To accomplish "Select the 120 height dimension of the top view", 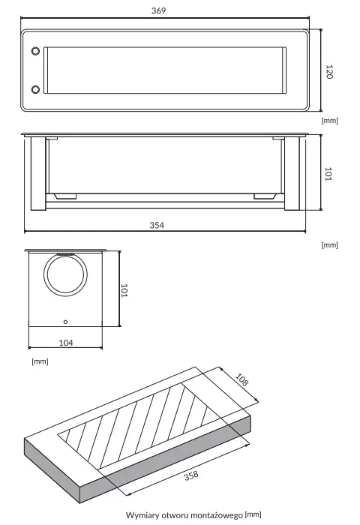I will pyautogui.click(x=328, y=71).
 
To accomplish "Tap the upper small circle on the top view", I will pyautogui.click(x=34, y=52).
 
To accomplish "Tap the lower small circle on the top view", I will pyautogui.click(x=34, y=90).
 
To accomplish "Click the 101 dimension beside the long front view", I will pyautogui.click(x=328, y=174).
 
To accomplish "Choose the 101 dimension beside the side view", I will pyautogui.click(x=125, y=289).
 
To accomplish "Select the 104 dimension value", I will pyautogui.click(x=65, y=342).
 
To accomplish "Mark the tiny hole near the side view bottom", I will pyautogui.click(x=65, y=321).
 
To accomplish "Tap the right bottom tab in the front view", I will pyautogui.click(x=265, y=196).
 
